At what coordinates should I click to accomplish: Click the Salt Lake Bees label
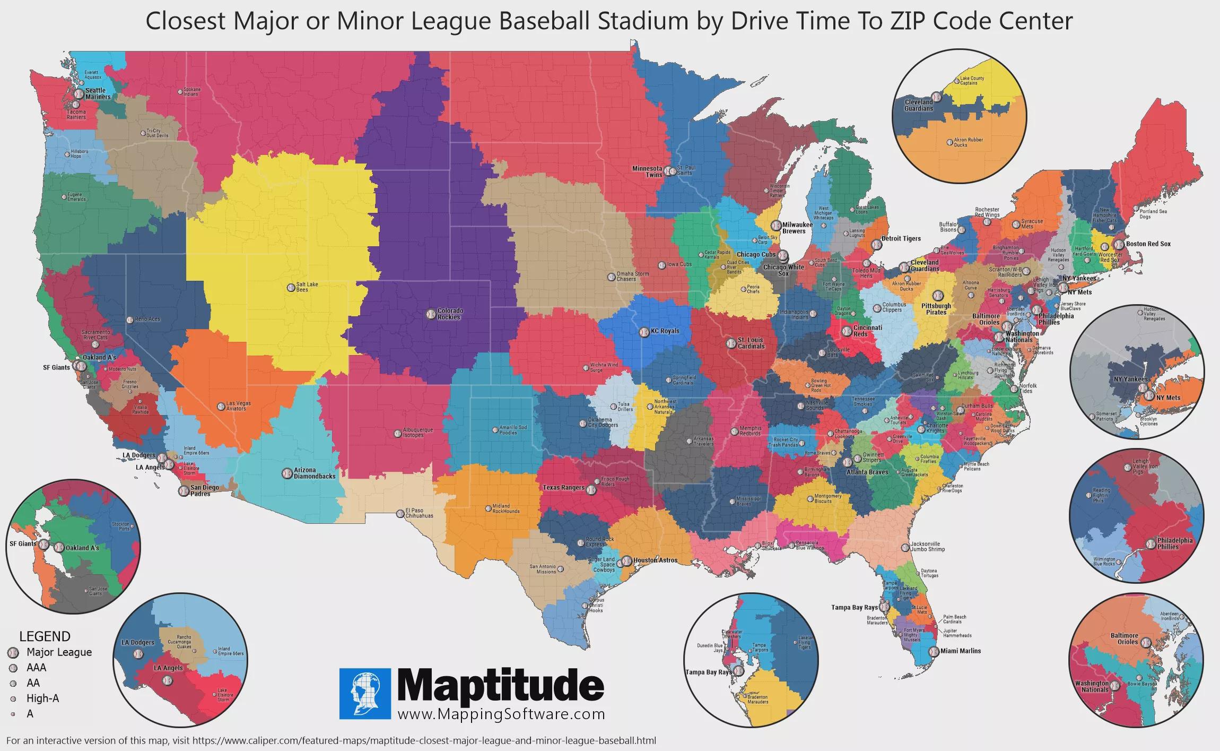point(307,287)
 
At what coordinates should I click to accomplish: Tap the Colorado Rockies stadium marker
point(430,314)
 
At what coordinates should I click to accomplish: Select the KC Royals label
point(665,331)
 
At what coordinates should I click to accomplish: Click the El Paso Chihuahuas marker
point(400,513)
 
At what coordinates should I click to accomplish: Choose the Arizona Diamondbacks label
point(315,473)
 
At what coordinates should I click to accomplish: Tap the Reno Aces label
point(147,320)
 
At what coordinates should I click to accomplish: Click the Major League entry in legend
point(59,652)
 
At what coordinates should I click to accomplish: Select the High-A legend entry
point(42,698)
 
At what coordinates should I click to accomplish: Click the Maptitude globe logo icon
point(365,694)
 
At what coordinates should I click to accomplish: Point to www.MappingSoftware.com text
point(501,714)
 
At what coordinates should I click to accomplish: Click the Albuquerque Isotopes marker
point(397,433)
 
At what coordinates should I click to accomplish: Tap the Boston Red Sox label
point(1148,244)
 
